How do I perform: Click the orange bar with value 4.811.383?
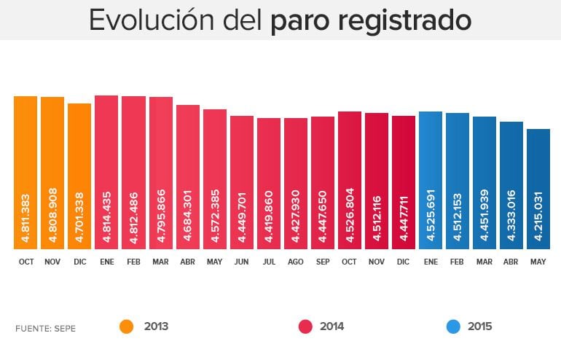click(x=25, y=172)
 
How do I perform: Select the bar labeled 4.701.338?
click(x=79, y=176)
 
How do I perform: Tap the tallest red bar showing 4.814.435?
click(x=106, y=172)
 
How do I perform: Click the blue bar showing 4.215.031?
click(x=538, y=189)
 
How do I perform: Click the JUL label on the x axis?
click(x=269, y=261)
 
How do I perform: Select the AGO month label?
click(x=296, y=261)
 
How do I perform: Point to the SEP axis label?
click(x=323, y=261)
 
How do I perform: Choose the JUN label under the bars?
click(x=242, y=261)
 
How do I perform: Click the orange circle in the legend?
click(x=127, y=326)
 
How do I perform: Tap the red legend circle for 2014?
click(x=306, y=326)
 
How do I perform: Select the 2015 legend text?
click(x=480, y=326)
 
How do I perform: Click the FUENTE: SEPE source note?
click(x=45, y=329)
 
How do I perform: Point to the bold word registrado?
click(x=405, y=21)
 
